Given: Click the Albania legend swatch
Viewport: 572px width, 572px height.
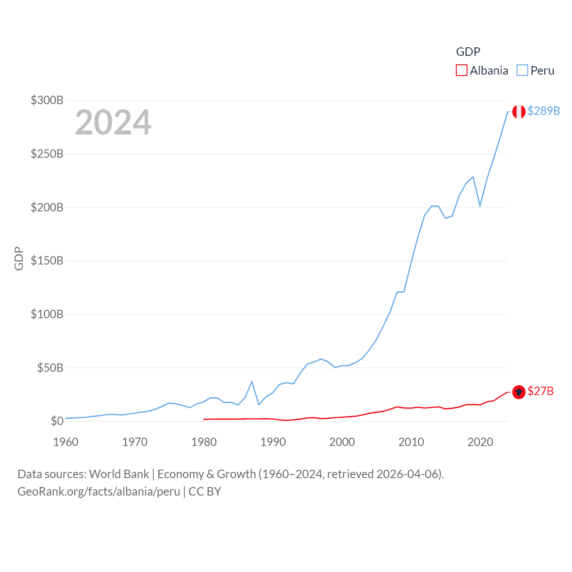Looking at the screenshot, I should coord(462,71).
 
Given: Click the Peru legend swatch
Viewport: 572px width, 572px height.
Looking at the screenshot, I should coord(522,71).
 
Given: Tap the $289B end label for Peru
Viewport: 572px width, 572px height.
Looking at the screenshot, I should coord(543,111).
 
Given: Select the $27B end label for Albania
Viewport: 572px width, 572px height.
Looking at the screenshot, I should coord(540,391).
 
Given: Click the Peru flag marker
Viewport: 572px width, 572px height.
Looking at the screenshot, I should coord(518,112).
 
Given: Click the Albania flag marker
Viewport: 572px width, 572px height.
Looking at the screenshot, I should coord(518,392).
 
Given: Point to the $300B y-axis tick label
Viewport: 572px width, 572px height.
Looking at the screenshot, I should coord(47,100).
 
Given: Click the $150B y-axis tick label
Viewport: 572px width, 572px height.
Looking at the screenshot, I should coord(47,261).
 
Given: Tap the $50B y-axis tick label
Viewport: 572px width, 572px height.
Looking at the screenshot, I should coord(50,368).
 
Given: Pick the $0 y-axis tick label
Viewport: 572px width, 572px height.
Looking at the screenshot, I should coord(57,421).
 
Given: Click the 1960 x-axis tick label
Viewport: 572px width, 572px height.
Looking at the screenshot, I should coord(66,442).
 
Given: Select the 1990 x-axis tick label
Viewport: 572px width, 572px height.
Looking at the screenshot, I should coord(273,442).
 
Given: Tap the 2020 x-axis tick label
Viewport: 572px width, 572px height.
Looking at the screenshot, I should coord(480,442).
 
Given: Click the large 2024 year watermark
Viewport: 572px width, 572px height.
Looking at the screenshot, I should coord(113,122).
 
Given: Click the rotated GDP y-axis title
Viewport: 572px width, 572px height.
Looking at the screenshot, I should coord(19,258).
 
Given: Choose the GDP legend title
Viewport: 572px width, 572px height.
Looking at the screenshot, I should coord(468,52).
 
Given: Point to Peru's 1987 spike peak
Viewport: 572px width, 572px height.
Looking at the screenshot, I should coord(252,382).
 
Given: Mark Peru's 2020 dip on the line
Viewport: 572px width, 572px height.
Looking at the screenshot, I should coord(480,206).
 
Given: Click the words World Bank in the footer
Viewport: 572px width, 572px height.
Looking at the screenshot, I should coord(119,474).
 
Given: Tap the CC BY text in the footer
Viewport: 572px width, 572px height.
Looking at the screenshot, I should coord(205,492).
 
